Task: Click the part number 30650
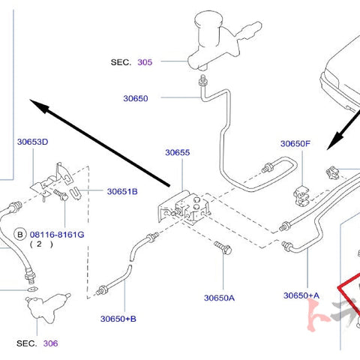click(x=136, y=98)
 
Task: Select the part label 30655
click(x=178, y=152)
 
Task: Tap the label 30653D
click(x=32, y=142)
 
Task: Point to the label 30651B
click(x=122, y=191)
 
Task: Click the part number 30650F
click(x=295, y=143)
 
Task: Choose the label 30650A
click(x=219, y=298)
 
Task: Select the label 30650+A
click(x=301, y=295)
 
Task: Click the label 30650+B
click(x=118, y=319)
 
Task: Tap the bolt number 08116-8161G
click(x=57, y=235)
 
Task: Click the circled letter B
click(x=20, y=235)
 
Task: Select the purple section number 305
click(x=145, y=62)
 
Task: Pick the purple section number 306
click(x=50, y=343)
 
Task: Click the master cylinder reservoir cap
click(x=208, y=18)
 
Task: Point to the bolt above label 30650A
click(x=223, y=247)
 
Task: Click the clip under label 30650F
click(x=301, y=196)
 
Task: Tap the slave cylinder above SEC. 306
click(x=46, y=307)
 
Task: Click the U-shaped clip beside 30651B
click(x=76, y=193)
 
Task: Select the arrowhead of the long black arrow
click(x=39, y=106)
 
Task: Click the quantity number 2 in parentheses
click(x=39, y=244)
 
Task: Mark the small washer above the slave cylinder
click(x=32, y=289)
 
